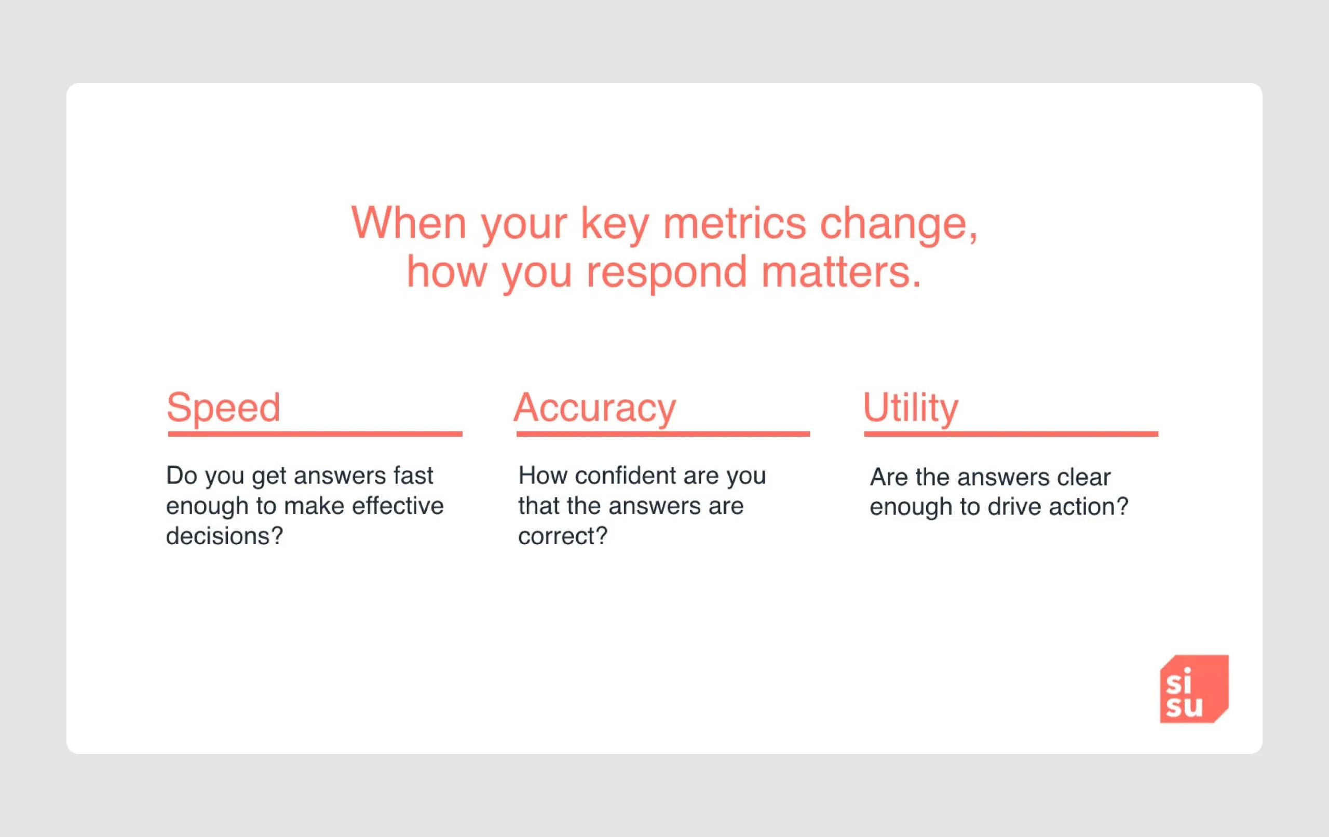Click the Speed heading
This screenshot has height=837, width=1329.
pos(224,408)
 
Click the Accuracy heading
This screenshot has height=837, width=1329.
pos(594,408)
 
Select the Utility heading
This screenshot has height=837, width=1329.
pos(910,408)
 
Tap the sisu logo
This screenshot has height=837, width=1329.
pos(1194,688)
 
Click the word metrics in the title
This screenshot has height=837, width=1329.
pos(734,224)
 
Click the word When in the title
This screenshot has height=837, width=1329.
pos(409,223)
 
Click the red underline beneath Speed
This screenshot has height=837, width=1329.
pos(315,434)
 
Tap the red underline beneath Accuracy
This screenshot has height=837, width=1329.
pos(663,434)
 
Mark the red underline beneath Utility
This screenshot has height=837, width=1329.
pos(1011,434)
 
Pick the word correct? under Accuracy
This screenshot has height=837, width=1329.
pos(562,536)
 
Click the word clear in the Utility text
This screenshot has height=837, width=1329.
pos(1083,478)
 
